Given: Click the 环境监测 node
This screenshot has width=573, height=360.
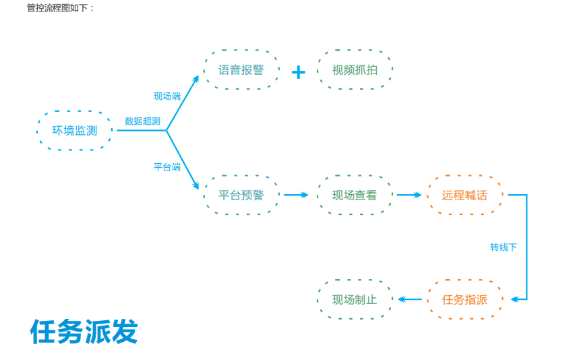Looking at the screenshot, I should [x=74, y=131].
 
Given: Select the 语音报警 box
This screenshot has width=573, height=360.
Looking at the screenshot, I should [x=241, y=69].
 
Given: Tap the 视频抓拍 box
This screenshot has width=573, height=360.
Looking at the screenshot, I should [x=355, y=69].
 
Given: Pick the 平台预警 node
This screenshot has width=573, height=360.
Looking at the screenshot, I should [x=241, y=196].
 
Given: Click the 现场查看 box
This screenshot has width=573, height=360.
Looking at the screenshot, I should [x=355, y=196].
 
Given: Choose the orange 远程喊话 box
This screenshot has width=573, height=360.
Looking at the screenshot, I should [x=464, y=196].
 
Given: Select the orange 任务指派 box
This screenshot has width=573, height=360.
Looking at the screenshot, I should [x=464, y=299].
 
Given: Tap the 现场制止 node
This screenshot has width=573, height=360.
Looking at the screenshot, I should [x=355, y=299].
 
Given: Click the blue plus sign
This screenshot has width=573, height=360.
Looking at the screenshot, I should [x=298, y=72].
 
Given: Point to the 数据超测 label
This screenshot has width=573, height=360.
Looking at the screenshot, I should [x=142, y=121].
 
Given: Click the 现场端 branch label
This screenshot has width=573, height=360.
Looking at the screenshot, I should [x=167, y=96].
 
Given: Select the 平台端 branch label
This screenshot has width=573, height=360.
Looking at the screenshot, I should [x=167, y=167].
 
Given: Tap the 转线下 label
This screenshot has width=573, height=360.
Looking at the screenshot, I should [x=503, y=247].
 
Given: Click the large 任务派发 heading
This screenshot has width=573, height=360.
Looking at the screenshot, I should [x=84, y=331].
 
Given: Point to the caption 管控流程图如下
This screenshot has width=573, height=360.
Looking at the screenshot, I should [x=61, y=7].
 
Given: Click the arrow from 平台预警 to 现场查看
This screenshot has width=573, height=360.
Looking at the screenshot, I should [x=295, y=196].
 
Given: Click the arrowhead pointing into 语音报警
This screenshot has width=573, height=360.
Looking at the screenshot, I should [x=195, y=79].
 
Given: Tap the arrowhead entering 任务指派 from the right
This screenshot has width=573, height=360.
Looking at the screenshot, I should [x=514, y=299].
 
